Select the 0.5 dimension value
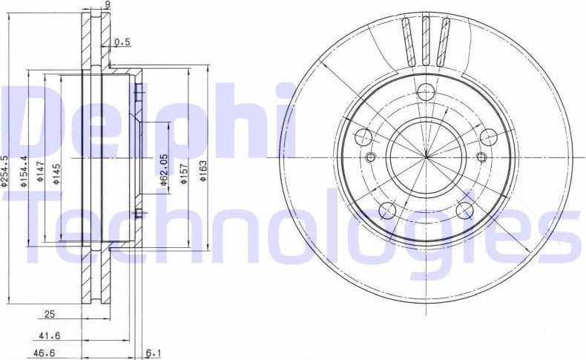click(122, 42)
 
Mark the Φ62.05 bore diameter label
click(162, 168)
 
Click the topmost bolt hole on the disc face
click(426, 92)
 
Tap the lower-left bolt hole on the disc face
click(387, 211)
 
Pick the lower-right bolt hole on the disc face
click(464, 211)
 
